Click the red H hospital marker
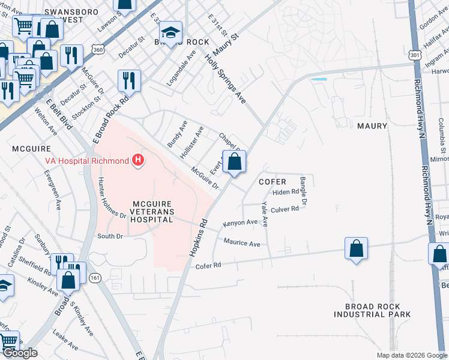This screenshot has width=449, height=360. tap(139, 161)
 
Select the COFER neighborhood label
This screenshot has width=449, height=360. tap(272, 182)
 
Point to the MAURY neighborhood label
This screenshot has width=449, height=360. tap(376, 127)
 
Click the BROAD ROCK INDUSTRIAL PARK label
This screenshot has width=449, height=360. tap(372, 310)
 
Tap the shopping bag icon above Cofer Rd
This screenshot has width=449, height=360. tap(355, 248)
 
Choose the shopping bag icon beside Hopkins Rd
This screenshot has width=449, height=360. tap(234, 162)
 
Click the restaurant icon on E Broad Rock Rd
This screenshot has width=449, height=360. tap(129, 80)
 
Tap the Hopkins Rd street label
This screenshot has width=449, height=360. tap(199, 238)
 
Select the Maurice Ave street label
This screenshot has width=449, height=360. tap(242, 244)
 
